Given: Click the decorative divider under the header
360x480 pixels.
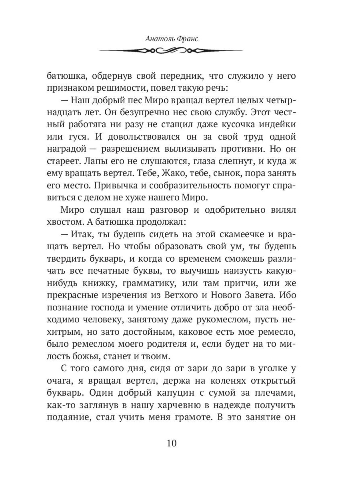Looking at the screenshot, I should (171, 51).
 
